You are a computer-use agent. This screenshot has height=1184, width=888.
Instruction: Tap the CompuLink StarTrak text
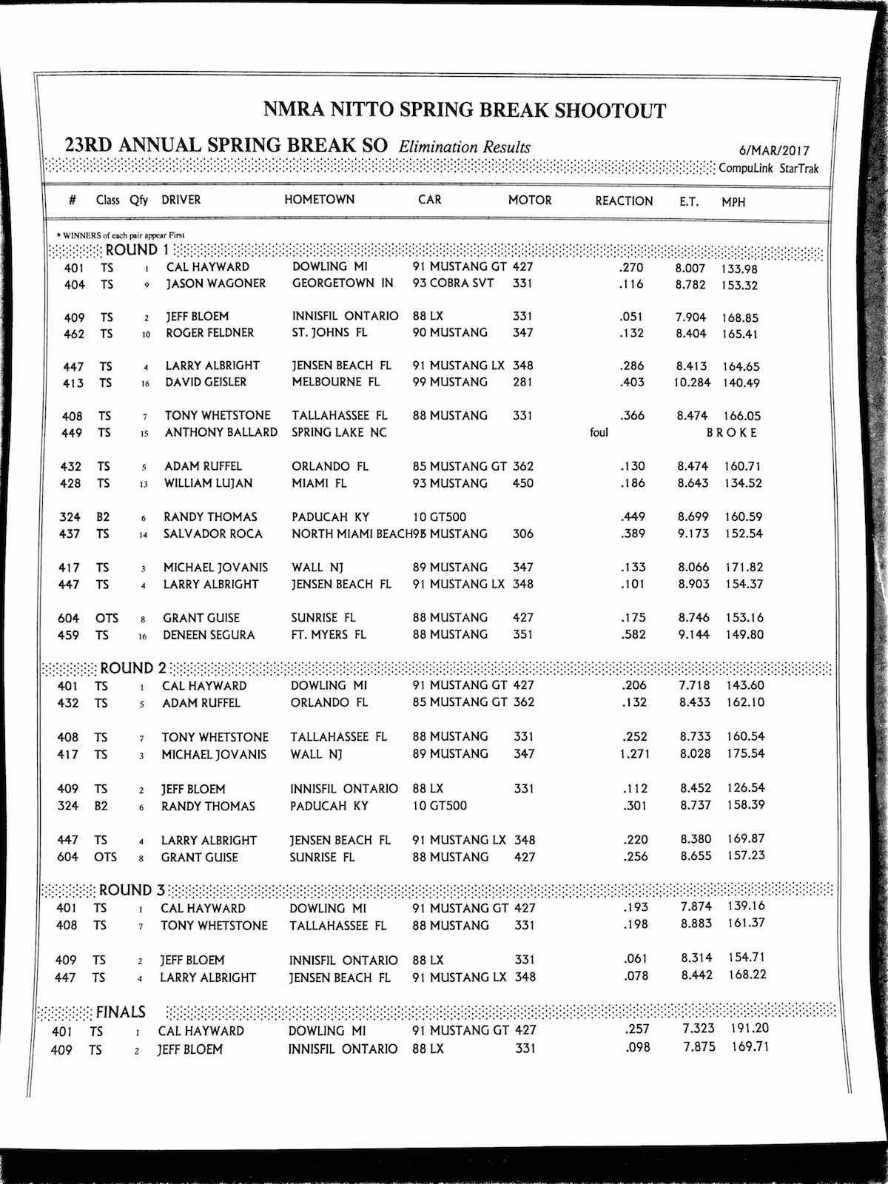click(769, 168)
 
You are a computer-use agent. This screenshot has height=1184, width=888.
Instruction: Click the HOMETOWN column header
click(319, 200)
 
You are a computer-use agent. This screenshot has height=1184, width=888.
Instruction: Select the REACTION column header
click(624, 201)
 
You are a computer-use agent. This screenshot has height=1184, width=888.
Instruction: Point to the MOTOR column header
click(530, 200)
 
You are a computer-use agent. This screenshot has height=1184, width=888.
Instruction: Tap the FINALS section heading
click(121, 1012)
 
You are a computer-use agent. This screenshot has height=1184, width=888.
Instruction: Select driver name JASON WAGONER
click(215, 283)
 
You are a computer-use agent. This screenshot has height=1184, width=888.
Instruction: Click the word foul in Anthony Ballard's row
click(599, 432)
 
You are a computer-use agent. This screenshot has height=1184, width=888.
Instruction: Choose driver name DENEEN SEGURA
click(209, 635)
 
